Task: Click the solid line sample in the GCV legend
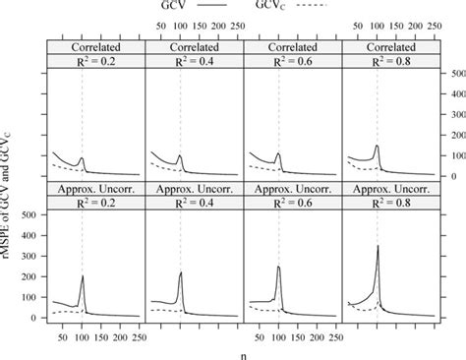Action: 211,6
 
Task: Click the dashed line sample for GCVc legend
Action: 309,6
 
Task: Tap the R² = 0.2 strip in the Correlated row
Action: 95,62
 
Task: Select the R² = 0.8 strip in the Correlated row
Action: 390,62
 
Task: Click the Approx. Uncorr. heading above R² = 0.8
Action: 390,188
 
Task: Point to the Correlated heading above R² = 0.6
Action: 292,47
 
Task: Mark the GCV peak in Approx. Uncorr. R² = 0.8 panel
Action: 378,246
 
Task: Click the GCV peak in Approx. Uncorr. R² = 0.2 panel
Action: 83,276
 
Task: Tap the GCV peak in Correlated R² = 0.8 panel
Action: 378,147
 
